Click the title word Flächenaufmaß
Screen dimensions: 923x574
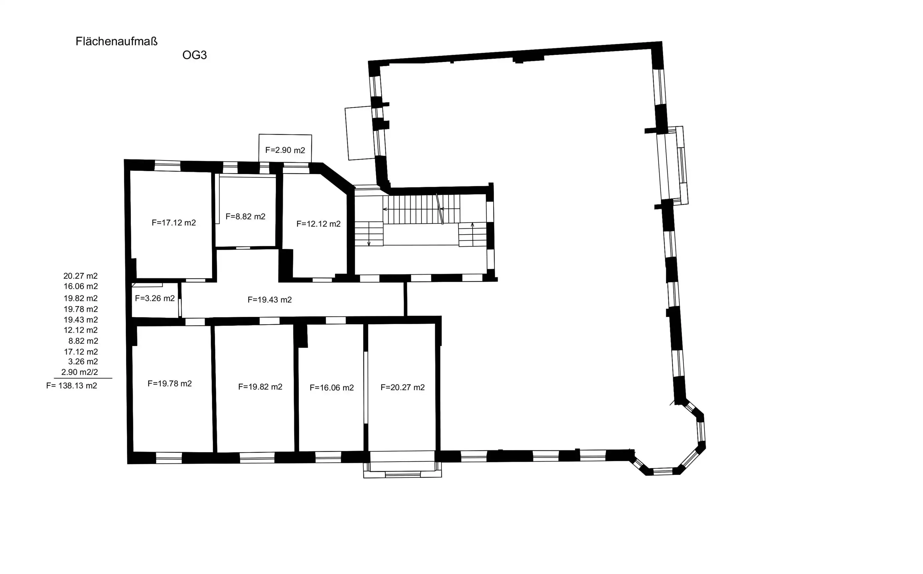tap(117, 42)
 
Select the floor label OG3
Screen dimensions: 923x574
tap(194, 55)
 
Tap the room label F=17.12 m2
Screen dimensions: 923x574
tap(174, 223)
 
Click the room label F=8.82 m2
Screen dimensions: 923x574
tap(245, 216)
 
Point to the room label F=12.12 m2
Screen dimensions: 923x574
tap(318, 224)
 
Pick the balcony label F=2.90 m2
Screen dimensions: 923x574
tap(285, 150)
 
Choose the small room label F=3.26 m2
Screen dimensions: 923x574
tap(155, 299)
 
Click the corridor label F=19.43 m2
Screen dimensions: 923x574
tap(270, 300)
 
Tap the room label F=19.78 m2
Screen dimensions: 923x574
tap(170, 384)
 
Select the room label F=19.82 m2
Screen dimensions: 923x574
tap(260, 387)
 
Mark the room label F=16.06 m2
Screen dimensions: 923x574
tap(332, 387)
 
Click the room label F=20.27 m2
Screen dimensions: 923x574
tap(402, 387)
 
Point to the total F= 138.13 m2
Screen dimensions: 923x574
tap(72, 386)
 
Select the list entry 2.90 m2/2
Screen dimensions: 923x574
tap(80, 372)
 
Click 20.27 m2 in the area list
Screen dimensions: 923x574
tap(80, 276)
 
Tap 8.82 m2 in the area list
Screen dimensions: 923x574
tap(83, 341)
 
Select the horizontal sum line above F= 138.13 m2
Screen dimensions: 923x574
tap(83, 379)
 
